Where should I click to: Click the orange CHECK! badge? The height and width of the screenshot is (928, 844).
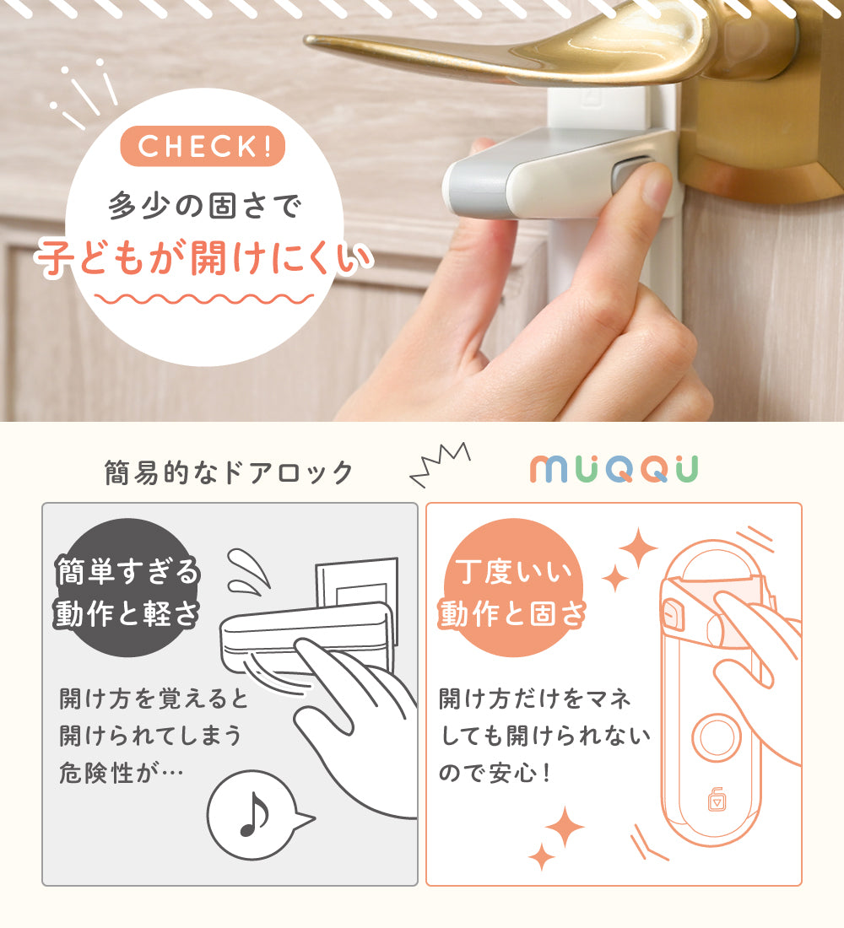[x=203, y=146]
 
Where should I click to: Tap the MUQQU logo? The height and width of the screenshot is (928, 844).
[x=614, y=469]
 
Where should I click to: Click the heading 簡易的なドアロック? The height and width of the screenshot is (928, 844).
[x=229, y=472]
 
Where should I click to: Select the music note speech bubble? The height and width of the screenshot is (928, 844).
[x=257, y=814]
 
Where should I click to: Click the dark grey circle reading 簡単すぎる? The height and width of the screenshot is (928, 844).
[x=126, y=587]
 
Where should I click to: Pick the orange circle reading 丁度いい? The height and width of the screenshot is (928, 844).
[x=513, y=587]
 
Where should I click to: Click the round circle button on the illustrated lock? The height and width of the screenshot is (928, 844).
[x=716, y=737]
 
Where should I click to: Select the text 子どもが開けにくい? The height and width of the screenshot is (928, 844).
[x=203, y=258]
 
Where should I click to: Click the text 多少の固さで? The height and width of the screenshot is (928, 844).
[x=203, y=206]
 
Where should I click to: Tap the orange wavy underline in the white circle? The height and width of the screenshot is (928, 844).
[x=203, y=299]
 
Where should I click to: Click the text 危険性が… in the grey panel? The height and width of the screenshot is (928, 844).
[x=122, y=772]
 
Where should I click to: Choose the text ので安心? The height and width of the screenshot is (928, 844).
[x=495, y=772]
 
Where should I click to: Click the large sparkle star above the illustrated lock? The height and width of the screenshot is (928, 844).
[x=638, y=548]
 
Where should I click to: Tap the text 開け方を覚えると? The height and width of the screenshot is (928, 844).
[x=154, y=699]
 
